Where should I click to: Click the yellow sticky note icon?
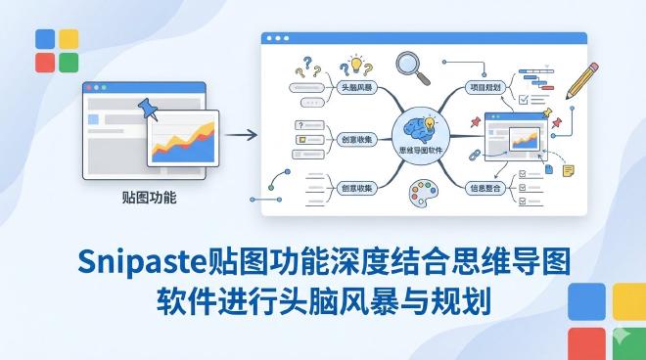[x=568, y=170]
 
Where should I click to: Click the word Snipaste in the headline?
[x=142, y=262]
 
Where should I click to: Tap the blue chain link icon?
[x=471, y=155]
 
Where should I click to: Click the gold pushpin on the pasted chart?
[x=558, y=123]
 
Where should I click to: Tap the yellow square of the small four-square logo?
[x=69, y=39]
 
